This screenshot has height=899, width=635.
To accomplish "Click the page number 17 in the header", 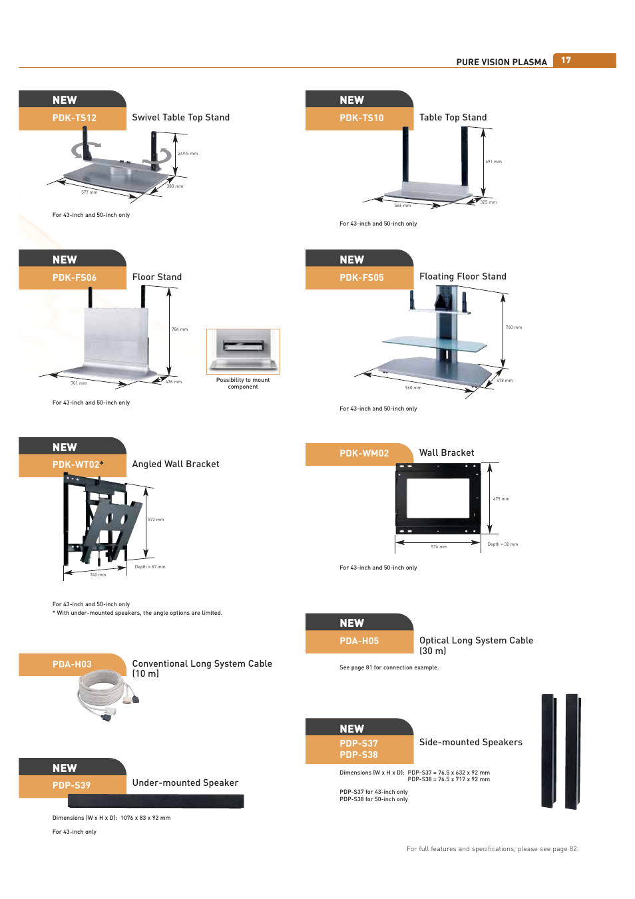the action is [566, 61].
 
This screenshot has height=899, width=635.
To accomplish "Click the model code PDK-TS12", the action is [75, 118].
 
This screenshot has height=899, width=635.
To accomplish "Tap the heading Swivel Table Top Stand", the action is [180, 117].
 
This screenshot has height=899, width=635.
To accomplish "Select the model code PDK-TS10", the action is [361, 118].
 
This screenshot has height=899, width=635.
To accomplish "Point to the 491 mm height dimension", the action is [493, 162].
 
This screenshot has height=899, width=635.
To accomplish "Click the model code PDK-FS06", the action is [75, 277].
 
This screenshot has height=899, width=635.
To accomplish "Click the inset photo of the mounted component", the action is [243, 351].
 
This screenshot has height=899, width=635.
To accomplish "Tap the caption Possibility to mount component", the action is [243, 383].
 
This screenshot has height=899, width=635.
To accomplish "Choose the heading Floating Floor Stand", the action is [463, 276].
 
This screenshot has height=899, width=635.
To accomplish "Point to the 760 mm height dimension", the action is [513, 327].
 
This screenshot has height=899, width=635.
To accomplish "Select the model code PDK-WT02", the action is [76, 464].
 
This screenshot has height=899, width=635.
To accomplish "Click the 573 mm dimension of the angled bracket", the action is [156, 520].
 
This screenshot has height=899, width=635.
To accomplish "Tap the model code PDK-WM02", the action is [364, 453].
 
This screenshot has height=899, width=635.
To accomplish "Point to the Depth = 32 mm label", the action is [503, 544].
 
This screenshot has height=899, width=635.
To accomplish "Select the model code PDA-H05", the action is [359, 641].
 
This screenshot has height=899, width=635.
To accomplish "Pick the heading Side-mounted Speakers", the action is [471, 742].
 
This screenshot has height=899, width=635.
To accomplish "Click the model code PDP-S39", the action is [71, 785].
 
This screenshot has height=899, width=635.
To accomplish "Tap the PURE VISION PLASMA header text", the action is [501, 62].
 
